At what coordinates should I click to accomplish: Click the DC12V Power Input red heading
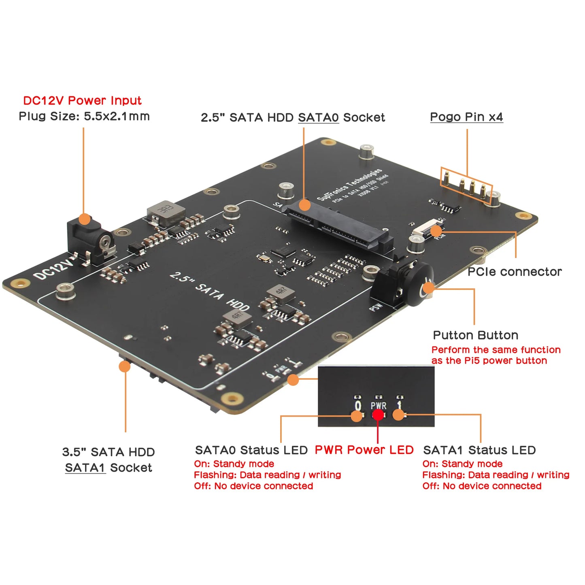point(82,100)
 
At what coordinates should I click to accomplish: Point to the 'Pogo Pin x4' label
point(466,117)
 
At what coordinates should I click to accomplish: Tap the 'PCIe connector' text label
point(515,272)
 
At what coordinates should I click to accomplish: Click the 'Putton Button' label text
point(475,335)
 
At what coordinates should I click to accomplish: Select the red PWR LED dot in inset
point(378,415)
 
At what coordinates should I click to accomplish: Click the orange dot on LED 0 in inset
point(357,416)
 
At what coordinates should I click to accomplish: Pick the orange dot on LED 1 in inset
point(398,415)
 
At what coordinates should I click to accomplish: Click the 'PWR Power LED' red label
point(364,450)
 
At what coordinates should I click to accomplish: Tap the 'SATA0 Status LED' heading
point(251,450)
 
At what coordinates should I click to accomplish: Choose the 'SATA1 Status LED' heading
point(479,450)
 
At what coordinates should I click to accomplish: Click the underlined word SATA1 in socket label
point(85,468)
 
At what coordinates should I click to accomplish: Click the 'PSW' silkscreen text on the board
point(376,307)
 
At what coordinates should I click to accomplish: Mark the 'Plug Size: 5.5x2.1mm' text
point(84,117)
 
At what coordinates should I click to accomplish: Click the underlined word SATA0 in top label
point(318,117)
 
